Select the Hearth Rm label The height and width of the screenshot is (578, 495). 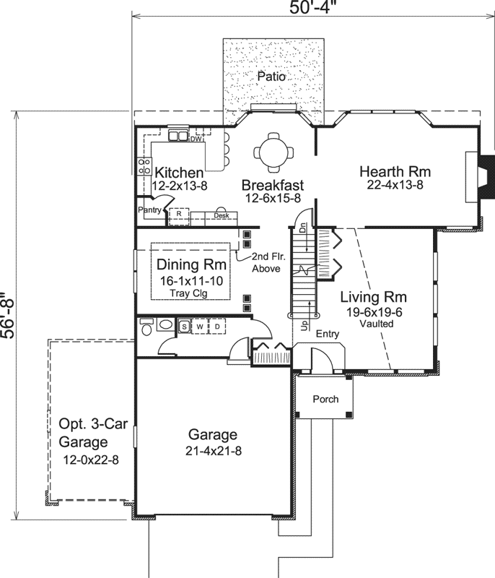395,172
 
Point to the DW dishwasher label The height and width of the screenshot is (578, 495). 195,139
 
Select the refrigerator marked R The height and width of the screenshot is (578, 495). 179,215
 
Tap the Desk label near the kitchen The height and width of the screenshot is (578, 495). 221,215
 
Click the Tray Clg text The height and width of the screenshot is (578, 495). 192,293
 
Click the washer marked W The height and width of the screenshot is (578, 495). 200,327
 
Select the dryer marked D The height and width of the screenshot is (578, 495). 216,327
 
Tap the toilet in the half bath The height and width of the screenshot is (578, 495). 147,328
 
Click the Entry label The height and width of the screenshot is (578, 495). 327,333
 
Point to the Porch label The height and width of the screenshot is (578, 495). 325,400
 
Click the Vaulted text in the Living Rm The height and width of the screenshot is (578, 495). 377,324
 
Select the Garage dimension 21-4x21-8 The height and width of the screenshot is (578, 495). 213,450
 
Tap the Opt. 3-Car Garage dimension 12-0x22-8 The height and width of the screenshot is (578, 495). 89,459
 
